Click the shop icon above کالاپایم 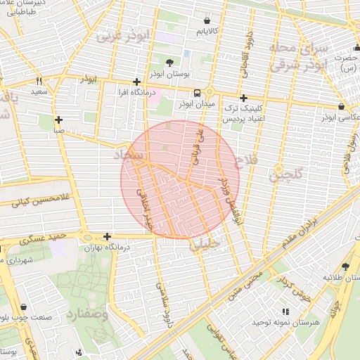pos(206,21)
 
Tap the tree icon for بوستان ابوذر pos(169,63)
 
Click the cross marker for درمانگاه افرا pos(136,82)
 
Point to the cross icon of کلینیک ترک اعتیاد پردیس pos(243,98)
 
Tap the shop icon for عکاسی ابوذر pos(341,106)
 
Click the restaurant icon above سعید pos(39,81)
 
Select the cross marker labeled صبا pos(58,120)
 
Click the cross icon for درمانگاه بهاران pos(107,237)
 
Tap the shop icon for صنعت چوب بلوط pos(25,307)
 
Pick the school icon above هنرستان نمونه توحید pos(285,311)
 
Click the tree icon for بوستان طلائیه pos(345,266)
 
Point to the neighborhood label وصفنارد pos(88,314)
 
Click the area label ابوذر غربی pos(122,36)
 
